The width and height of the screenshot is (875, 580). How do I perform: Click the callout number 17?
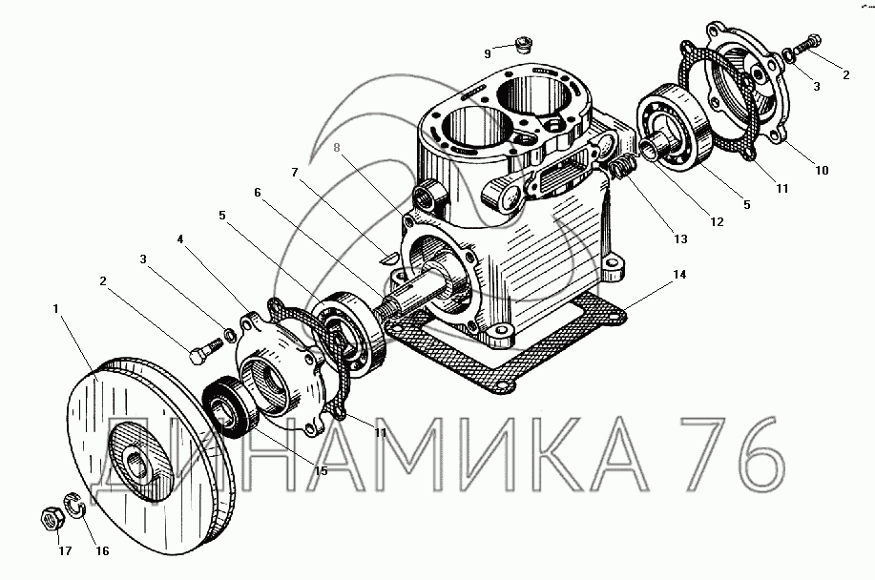pyautogui.click(x=65, y=551)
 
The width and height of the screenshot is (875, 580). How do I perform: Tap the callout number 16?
pyautogui.click(x=102, y=551)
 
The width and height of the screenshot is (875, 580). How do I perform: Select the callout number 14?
pyautogui.click(x=679, y=275)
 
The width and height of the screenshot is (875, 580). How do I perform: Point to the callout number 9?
pyautogui.click(x=488, y=53)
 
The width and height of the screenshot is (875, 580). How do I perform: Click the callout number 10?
pyautogui.click(x=822, y=171)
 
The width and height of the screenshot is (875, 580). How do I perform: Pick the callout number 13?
pyautogui.click(x=680, y=239)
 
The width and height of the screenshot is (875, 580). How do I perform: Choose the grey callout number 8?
pyautogui.click(x=337, y=148)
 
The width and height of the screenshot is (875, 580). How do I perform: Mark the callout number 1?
pyautogui.click(x=55, y=308)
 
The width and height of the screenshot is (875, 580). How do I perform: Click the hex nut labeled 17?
pyautogui.click(x=53, y=519)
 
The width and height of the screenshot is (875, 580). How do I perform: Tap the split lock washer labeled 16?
pyautogui.click(x=73, y=504)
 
